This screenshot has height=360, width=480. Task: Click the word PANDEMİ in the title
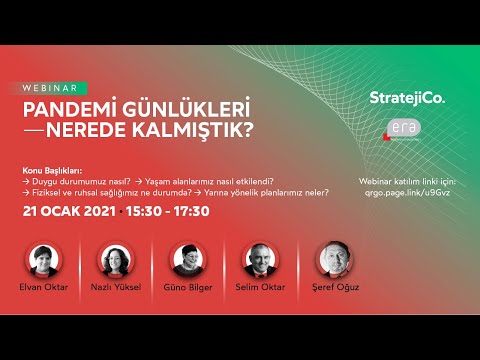point(73,107)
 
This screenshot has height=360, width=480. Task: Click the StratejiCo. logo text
point(406,97)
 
